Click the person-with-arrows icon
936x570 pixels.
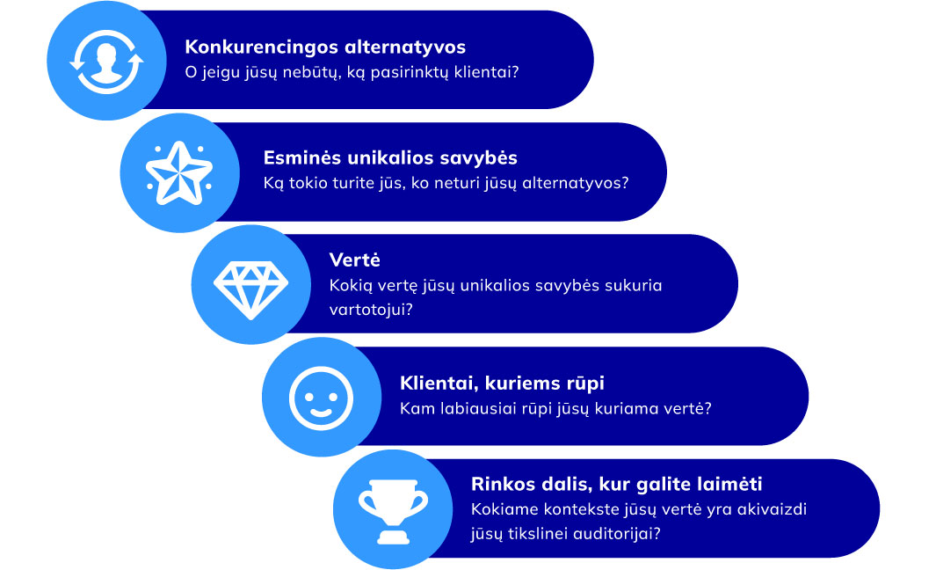point(107,62)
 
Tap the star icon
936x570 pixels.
point(179,173)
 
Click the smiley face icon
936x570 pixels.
point(321,398)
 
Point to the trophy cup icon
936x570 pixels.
point(394,511)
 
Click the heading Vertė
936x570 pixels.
point(354,259)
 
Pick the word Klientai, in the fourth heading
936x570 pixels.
point(439,384)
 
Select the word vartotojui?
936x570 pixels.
point(371,310)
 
